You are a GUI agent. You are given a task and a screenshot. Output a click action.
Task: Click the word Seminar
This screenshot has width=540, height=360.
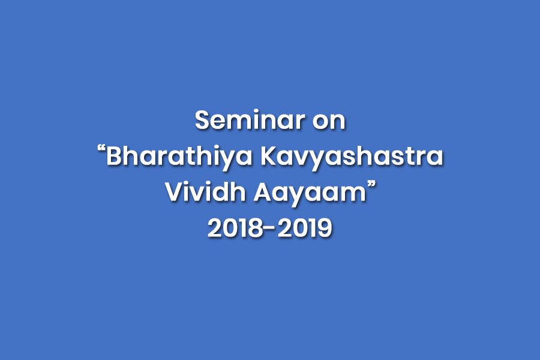pyautogui.click(x=250, y=120)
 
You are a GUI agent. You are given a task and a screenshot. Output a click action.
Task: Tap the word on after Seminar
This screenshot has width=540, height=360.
pyautogui.click(x=329, y=122)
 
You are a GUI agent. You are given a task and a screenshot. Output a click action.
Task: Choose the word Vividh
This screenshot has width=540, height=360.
pyautogui.click(x=205, y=192)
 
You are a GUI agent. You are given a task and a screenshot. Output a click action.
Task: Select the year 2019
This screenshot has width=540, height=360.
pyautogui.click(x=304, y=228)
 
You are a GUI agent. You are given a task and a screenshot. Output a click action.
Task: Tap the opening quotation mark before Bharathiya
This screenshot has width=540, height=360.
pyautogui.click(x=101, y=149)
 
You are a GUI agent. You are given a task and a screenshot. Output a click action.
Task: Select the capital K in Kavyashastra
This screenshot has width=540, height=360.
pyautogui.click(x=269, y=157)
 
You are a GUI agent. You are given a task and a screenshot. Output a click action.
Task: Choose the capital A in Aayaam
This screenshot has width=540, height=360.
pyautogui.click(x=263, y=192)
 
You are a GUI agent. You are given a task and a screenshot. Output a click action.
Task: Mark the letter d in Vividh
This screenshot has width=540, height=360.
pyautogui.click(x=222, y=192)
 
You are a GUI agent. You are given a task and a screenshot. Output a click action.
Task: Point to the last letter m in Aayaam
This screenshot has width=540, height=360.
pyautogui.click(x=355, y=195)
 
